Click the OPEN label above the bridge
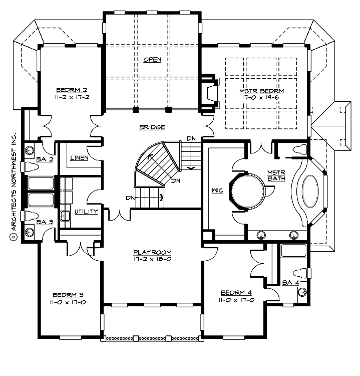pyautogui.click(x=152, y=60)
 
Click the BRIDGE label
pyautogui.click(x=152, y=127)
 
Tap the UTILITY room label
pyautogui.click(x=86, y=212)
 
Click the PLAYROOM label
pyautogui.click(x=153, y=252)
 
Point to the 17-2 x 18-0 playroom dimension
pyautogui.click(x=153, y=259)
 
